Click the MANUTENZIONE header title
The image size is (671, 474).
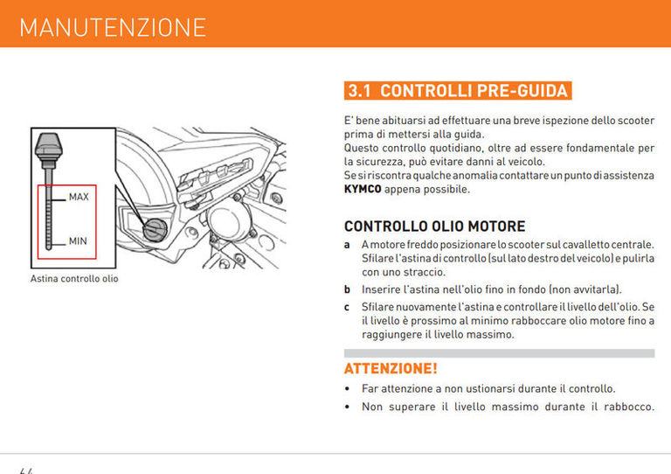[113, 27]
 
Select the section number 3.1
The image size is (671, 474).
[360, 91]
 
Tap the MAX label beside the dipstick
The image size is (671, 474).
[79, 197]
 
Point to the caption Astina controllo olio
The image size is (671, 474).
[74, 279]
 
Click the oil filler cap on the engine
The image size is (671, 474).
[155, 229]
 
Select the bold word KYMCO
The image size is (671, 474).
[363, 189]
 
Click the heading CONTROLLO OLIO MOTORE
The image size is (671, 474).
[434, 226]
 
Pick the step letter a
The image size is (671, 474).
[348, 245]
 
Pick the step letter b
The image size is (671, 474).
[348, 289]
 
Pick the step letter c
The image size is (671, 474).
[348, 307]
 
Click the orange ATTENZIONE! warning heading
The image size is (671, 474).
[391, 368]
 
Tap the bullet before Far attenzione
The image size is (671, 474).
[349, 389]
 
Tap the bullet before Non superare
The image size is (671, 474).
[349, 407]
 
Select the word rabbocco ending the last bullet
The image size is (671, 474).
[626, 407]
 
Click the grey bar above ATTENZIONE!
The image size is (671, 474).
[499, 353]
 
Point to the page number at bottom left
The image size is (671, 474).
[26, 470]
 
